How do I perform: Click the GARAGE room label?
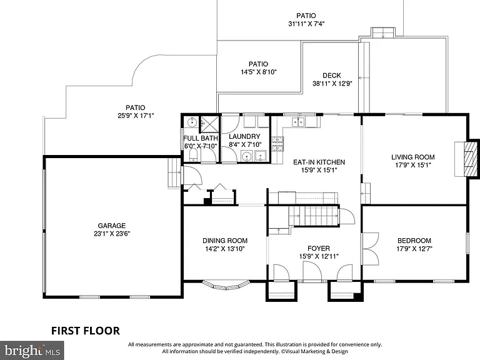point(112,226)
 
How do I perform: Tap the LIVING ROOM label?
point(413,157)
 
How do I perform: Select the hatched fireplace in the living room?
point(471,159)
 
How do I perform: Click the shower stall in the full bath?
point(210,124)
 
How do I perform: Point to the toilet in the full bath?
point(194,155)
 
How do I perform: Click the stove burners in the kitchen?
point(277,144)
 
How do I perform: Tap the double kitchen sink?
point(298,122)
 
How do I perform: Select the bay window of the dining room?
point(226,285)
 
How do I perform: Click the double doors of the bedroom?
point(371,249)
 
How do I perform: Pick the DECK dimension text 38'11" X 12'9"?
point(332,83)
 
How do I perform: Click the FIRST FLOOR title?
point(86,331)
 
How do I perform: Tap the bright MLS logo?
point(32,351)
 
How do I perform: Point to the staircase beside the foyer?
point(314,216)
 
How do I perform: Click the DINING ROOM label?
point(225,241)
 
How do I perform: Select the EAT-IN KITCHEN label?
point(319,162)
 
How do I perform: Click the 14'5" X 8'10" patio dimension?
point(259,72)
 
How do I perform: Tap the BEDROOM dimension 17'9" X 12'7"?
point(414,249)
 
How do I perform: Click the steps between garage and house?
point(174,173)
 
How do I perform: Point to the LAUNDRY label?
point(244,136)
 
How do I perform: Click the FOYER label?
point(319,248)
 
